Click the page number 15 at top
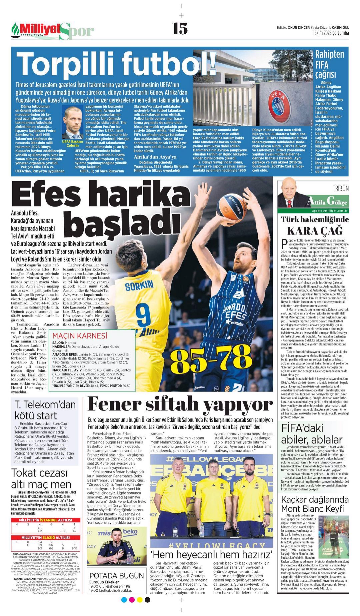tap(180, 29)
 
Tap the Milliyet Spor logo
tap(53, 31)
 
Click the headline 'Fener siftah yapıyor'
tap(180, 405)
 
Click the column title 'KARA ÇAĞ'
tap(314, 231)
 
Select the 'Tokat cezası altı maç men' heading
tap(41, 478)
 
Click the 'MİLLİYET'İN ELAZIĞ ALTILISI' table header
tap(46, 538)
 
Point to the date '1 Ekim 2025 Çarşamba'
tap(330, 33)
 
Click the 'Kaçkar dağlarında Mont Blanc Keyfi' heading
tap(315, 504)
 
